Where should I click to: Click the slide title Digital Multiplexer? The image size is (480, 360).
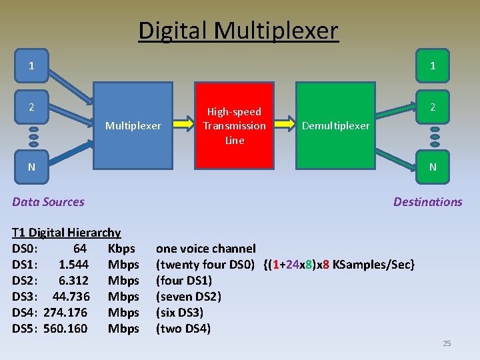(x=238, y=31)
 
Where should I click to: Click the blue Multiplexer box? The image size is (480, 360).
(x=133, y=125)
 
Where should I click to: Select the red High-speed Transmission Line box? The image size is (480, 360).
(x=234, y=125)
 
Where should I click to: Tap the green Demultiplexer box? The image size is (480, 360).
(x=335, y=125)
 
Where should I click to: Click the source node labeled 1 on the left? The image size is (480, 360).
(x=32, y=65)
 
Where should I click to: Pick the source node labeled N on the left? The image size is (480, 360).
(x=32, y=166)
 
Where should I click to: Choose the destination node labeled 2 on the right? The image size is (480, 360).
(x=433, y=107)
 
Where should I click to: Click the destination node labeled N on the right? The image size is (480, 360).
(x=433, y=167)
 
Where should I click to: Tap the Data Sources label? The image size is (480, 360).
(x=48, y=201)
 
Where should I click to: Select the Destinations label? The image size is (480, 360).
(x=427, y=201)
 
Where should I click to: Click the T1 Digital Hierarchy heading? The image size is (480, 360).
(x=67, y=233)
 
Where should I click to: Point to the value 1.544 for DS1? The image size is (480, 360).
(x=73, y=265)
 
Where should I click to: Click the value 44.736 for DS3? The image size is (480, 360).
(x=71, y=296)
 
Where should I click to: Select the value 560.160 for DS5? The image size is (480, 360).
(x=65, y=328)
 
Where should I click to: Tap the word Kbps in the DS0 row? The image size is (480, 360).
(x=121, y=249)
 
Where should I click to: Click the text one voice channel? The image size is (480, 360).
(x=205, y=249)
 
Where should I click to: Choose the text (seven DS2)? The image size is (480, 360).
(x=189, y=296)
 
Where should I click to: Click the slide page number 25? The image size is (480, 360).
(x=447, y=343)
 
